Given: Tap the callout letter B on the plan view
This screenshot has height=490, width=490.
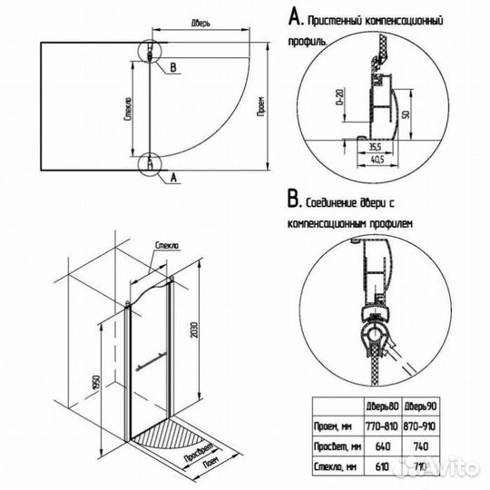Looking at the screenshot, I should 172,66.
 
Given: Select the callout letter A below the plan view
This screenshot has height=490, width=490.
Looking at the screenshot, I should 171,178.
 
